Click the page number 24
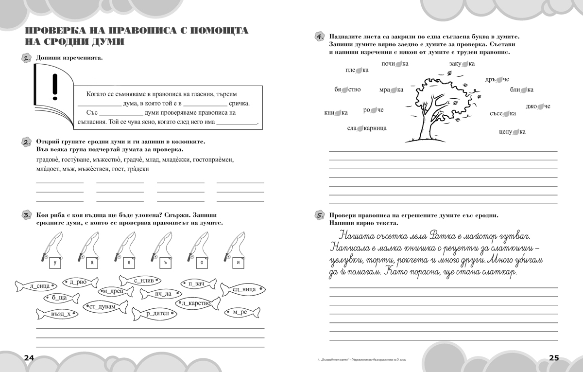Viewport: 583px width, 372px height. click(x=29, y=358)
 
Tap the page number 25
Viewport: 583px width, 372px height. click(x=554, y=358)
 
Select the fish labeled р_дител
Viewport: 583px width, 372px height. click(x=157, y=314)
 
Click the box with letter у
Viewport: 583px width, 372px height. click(x=56, y=263)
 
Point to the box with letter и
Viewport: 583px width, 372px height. click(x=238, y=263)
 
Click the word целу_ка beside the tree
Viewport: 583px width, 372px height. click(x=512, y=132)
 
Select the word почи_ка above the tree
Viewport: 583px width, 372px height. click(x=395, y=64)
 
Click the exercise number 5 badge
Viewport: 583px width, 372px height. click(x=319, y=215)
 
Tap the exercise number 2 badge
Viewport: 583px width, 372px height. click(x=27, y=142)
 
